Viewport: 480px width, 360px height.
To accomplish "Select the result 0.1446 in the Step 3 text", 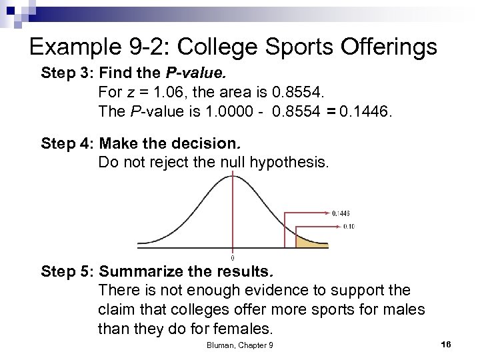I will (x=366, y=111).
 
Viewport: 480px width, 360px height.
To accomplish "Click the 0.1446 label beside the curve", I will (x=341, y=213).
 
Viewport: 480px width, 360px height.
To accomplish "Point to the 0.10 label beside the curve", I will (x=348, y=226).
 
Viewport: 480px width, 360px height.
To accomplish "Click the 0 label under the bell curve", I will (x=232, y=257).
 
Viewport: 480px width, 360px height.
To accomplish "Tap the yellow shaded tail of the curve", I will (x=306, y=241).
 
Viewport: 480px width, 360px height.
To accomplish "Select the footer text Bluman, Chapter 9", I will (x=239, y=345).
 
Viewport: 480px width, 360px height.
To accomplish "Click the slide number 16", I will (x=446, y=344).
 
